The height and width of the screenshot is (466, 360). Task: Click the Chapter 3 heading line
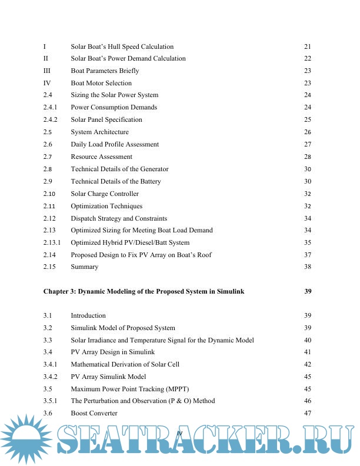pos(144,291)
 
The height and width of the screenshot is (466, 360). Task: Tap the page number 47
pos(307,414)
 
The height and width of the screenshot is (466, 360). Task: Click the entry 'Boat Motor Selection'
pos(101,83)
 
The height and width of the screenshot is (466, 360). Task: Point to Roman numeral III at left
pos(47,71)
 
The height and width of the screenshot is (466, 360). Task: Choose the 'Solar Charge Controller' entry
pos(105,194)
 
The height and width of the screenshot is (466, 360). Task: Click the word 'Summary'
pos(85,267)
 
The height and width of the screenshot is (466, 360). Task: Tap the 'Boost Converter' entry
pos(94,414)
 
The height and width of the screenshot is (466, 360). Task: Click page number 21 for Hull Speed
pos(307,46)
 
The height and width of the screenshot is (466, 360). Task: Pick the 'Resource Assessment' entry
pos(101,157)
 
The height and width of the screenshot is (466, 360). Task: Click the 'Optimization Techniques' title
pos(106,206)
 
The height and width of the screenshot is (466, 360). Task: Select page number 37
pos(307,255)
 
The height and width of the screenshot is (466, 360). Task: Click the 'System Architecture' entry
pos(99,132)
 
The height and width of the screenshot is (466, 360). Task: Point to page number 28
pos(307,157)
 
